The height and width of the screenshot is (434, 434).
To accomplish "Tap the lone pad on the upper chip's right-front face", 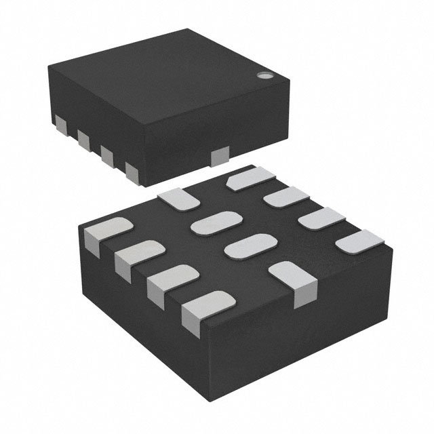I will (x=220, y=158).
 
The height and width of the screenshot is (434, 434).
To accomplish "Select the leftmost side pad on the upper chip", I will (x=61, y=124).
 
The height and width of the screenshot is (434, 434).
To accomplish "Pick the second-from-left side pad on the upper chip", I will (x=83, y=140).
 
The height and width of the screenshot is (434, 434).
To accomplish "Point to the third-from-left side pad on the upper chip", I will (x=107, y=155).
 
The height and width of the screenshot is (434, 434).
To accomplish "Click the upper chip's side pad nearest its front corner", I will (x=133, y=171).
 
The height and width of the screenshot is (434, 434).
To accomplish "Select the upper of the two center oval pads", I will (x=216, y=223).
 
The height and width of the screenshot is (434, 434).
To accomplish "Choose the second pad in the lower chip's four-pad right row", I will (x=285, y=199).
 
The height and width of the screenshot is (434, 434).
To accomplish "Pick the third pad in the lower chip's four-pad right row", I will (x=321, y=220).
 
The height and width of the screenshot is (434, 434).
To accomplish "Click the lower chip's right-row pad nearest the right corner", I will (x=359, y=242).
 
